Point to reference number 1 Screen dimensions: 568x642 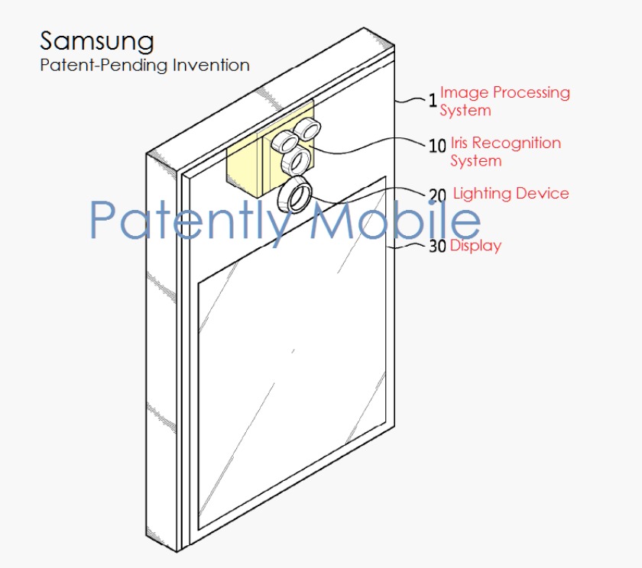pyautogui.click(x=432, y=99)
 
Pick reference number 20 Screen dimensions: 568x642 pyautogui.click(x=437, y=196)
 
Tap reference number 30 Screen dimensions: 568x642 pyautogui.click(x=437, y=247)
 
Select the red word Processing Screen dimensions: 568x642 pyautogui.click(x=531, y=93)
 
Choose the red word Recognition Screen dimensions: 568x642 pyautogui.click(x=517, y=143)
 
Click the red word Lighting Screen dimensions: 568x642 pyautogui.click(x=481, y=193)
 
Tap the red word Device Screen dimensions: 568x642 pyautogui.click(x=543, y=193)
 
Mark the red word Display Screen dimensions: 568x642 pyautogui.click(x=475, y=246)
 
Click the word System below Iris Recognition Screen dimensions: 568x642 pyautogui.click(x=475, y=161)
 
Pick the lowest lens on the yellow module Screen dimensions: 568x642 pyautogui.click(x=295, y=162)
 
